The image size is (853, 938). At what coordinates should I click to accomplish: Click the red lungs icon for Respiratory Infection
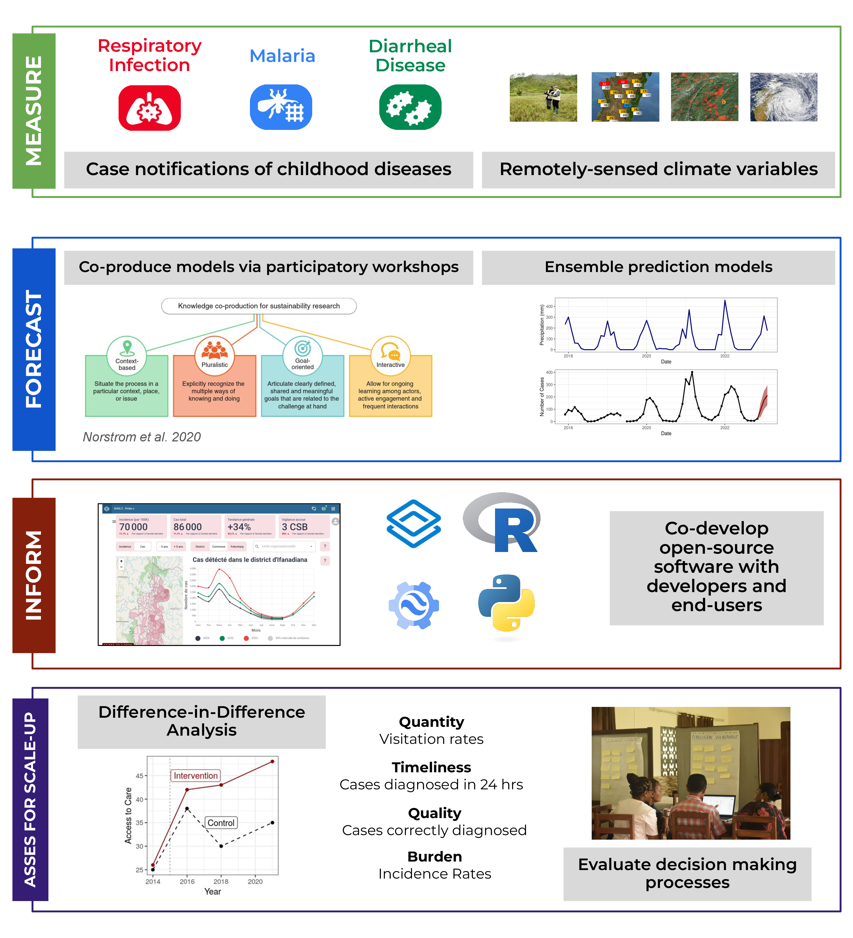(149, 108)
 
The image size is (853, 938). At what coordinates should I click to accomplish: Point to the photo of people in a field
(543, 97)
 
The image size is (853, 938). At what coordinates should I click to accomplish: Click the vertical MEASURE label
(34, 111)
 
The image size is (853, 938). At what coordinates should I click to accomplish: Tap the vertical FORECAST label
(34, 349)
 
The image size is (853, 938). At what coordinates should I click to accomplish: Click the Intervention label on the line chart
(195, 776)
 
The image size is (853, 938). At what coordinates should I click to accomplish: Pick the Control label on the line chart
(221, 823)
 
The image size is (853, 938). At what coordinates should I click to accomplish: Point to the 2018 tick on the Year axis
(221, 881)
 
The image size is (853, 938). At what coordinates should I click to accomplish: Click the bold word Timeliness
(431, 767)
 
